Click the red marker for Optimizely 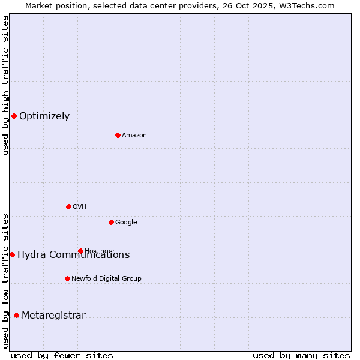coord(14,116)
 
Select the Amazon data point coord(118,135)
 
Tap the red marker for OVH coord(68,206)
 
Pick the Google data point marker coord(111,222)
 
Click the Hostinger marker coord(80,251)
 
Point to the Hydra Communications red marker coord(12,254)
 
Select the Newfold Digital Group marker coord(67,278)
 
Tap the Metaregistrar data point coord(16,315)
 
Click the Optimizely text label coord(44,116)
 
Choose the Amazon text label coord(134,136)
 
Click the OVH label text coord(80,207)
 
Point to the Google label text coord(126,223)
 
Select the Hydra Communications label coord(73,255)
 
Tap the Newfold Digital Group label coord(106,279)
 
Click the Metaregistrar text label coord(53,316)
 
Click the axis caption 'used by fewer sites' coord(62,355)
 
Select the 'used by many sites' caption coord(301,355)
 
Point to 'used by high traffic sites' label coord(5,85)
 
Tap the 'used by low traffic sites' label coord(5,281)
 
